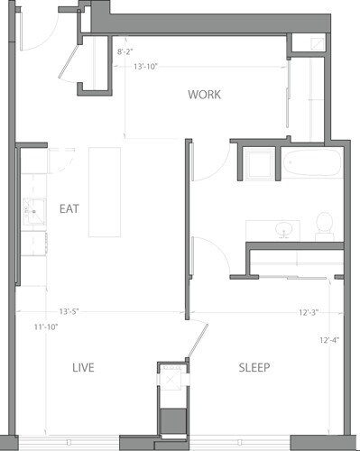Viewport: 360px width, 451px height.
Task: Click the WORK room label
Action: [205, 95]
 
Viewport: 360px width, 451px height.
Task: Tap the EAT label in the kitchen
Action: [69, 208]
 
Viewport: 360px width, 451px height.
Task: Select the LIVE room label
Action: [83, 367]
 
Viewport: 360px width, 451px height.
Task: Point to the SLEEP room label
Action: [254, 367]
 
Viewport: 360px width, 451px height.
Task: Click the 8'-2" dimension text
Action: [127, 53]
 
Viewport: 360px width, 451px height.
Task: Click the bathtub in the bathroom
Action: [312, 164]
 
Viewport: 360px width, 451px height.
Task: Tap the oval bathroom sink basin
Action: [287, 229]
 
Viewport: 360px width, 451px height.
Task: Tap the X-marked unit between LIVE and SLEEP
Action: [170, 380]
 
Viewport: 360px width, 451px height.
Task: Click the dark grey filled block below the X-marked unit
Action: [170, 419]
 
